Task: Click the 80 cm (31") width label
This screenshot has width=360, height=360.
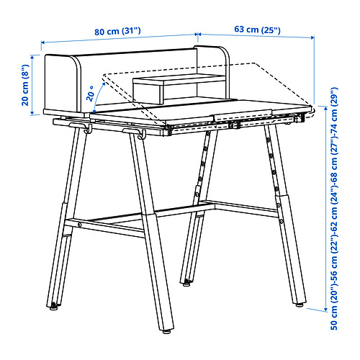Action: pos(117,31)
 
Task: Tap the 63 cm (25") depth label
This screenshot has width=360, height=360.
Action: pos(257,30)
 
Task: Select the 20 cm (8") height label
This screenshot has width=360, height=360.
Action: pos(25,85)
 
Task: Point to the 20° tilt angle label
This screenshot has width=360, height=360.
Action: pos(91,94)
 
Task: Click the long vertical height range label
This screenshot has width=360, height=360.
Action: pos(334,208)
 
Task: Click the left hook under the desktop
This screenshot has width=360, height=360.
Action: pos(88,128)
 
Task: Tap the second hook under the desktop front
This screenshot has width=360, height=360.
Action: pos(142,134)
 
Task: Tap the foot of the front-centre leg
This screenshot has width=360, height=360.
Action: pos(166,331)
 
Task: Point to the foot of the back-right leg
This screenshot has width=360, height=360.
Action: pos(299,305)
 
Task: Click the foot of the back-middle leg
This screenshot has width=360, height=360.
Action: pos(186,284)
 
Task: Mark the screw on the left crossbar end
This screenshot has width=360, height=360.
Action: pos(79,225)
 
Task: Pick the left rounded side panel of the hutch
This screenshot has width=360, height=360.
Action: pos(63,83)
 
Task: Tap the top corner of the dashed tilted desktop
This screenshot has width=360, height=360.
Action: pos(255,63)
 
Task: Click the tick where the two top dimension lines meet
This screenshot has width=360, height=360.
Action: pos(197,35)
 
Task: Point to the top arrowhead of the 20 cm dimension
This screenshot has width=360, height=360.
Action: pos(32,57)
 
